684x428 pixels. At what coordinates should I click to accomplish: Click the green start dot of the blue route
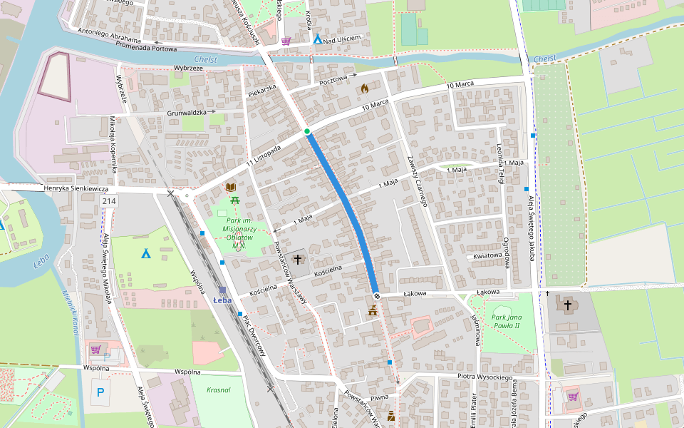pyautogui.click(x=307, y=131)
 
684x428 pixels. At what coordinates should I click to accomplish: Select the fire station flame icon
pyautogui.click(x=365, y=89)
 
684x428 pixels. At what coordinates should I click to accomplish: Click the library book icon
pyautogui.click(x=231, y=188)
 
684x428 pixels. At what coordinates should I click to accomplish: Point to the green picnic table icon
pyautogui.click(x=235, y=200)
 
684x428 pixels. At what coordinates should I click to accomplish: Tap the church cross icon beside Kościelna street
pyautogui.click(x=297, y=260)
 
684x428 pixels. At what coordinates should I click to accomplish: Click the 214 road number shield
pyautogui.click(x=109, y=202)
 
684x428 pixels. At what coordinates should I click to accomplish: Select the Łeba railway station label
pyautogui.click(x=223, y=300)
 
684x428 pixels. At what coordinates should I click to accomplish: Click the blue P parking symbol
pyautogui.click(x=100, y=392)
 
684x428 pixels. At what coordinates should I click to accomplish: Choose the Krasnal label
pyautogui.click(x=218, y=390)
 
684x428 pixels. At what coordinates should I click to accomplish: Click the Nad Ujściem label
pyautogui.click(x=347, y=39)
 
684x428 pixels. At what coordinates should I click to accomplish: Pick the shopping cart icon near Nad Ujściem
pyautogui.click(x=286, y=41)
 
